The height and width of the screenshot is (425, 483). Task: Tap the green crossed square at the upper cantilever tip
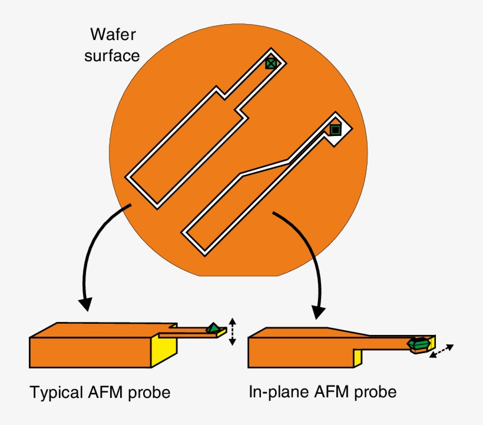[x=270, y=63]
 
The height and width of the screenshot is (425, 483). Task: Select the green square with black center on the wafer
[x=335, y=130]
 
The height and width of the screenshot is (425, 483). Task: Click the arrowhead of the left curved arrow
[x=86, y=303]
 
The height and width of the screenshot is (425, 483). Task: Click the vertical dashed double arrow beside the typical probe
[x=232, y=331]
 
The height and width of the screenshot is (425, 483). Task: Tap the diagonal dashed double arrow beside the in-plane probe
[x=441, y=352]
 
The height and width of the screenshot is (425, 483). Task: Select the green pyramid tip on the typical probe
[x=213, y=328]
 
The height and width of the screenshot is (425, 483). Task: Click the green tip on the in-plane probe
[x=419, y=345]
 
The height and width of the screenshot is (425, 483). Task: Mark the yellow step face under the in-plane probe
[x=357, y=357]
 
